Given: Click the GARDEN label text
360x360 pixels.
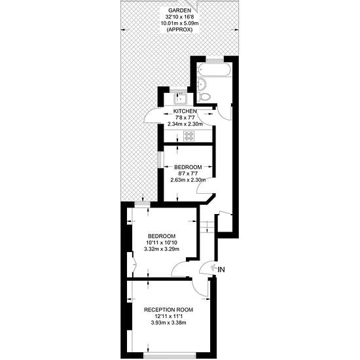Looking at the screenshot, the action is click(179, 10).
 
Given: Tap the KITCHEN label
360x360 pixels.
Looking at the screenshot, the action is click(185, 111).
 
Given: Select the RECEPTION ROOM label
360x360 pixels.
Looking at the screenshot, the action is click(168, 310).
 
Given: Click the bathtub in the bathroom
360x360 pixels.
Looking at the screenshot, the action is click(214, 70).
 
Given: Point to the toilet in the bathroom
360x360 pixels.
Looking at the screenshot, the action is click(204, 97).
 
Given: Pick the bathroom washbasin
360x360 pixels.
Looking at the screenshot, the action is click(202, 84).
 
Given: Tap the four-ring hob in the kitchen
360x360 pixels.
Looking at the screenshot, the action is click(189, 136).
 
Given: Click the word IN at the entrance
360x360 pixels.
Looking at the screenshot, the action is click(221, 270).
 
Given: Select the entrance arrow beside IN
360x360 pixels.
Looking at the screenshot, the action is click(213, 268).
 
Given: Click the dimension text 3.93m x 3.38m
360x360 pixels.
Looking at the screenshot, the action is click(168, 323).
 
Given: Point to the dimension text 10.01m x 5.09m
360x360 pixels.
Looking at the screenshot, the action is click(180, 23).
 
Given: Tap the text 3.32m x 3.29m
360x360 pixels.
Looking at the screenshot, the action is click(162, 249).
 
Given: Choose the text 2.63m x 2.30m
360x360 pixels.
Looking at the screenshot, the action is click(188, 180).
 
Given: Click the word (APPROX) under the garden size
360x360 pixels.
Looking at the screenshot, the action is click(179, 29).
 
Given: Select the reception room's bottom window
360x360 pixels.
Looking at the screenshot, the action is click(170, 355).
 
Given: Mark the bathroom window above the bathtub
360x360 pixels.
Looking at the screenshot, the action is click(215, 60).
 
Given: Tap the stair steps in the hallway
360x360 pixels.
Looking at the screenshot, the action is click(207, 227).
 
